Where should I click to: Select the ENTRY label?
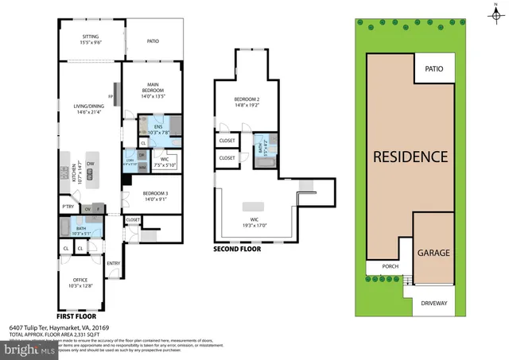[x=113, y=265]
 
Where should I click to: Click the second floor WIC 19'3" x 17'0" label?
[x=254, y=222]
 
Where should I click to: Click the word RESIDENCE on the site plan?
[x=410, y=157]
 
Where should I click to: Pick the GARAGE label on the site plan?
[x=433, y=254]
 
